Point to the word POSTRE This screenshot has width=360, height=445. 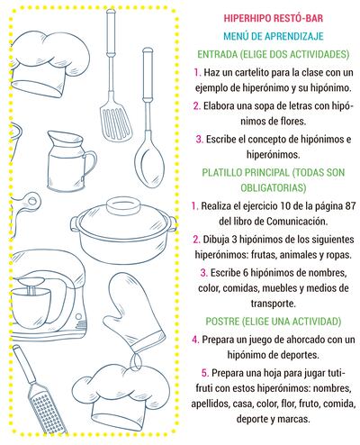pyautogui.click(x=226, y=321)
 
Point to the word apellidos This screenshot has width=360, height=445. pyautogui.click(x=218, y=404)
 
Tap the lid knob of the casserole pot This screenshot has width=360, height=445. pyautogui.click(x=123, y=206)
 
